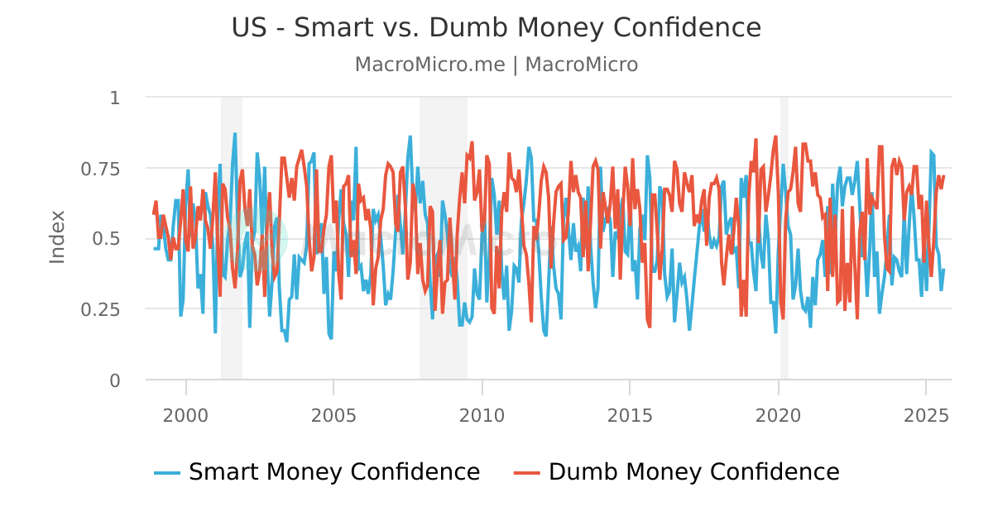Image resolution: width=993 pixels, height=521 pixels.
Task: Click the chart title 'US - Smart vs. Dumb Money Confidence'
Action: tap(496, 28)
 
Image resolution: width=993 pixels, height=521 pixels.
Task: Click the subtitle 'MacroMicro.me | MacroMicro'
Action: tap(496, 65)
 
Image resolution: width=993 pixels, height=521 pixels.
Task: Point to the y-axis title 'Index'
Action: tap(57, 237)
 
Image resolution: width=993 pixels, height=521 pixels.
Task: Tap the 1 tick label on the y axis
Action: tap(115, 98)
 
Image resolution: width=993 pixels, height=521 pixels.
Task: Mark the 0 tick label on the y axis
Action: tap(115, 380)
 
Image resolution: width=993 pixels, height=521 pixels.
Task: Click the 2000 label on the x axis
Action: tap(186, 413)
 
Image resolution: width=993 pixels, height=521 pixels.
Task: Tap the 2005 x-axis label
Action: tap(333, 413)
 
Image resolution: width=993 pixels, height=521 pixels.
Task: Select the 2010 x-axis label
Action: tap(482, 413)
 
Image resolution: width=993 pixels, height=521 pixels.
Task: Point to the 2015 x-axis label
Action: tap(630, 413)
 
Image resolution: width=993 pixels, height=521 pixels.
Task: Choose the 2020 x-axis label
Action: tap(778, 413)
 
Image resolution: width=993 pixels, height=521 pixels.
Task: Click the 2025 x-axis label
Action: tap(925, 413)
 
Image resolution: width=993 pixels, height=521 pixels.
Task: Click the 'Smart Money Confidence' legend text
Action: tap(334, 472)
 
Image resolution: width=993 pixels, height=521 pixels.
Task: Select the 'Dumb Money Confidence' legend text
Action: tap(693, 472)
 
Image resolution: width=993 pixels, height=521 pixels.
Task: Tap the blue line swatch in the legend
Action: tap(167, 473)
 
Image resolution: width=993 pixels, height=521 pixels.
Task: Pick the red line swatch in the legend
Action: tap(527, 473)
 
